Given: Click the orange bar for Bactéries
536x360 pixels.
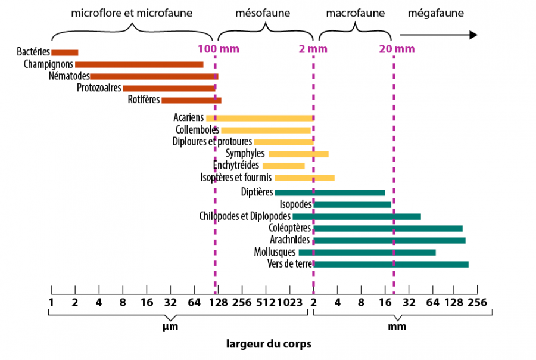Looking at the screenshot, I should point(65,52).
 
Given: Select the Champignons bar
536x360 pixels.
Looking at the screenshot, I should point(139,64).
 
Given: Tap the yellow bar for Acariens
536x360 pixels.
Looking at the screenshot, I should point(260,118).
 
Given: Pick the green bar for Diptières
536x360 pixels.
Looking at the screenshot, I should point(330,193).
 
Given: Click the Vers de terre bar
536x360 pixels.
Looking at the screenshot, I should point(391,264).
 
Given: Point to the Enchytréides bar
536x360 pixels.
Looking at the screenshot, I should point(284,166).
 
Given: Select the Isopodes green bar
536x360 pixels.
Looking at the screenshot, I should point(352,204).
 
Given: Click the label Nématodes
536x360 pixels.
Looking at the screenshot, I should point(69,76).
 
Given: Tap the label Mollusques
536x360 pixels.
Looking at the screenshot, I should point(275,252).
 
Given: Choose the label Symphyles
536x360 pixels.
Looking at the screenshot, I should point(245,154).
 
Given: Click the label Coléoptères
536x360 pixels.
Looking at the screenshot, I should point(290,228).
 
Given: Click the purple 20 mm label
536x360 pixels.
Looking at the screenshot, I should point(397,49).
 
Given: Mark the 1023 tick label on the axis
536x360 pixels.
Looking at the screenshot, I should point(295,302).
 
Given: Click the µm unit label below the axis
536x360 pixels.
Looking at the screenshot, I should point(170,327).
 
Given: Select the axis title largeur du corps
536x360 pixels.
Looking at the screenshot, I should point(269,344).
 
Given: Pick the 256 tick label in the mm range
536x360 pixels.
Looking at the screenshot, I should point(478,302).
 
